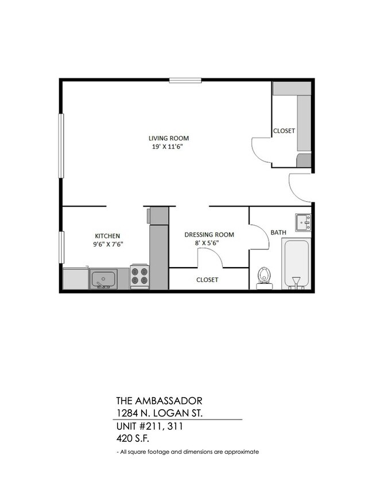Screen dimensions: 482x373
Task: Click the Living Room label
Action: click(168, 138)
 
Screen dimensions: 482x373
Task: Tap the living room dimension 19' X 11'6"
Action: click(168, 147)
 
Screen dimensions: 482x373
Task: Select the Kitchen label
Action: click(107, 236)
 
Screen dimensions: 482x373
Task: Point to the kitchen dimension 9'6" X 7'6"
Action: click(107, 244)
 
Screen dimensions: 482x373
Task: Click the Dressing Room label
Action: click(209, 234)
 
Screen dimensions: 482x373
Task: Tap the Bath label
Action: click(278, 232)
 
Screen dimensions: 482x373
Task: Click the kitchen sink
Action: click(103, 279)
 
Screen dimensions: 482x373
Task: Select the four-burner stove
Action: click(139, 276)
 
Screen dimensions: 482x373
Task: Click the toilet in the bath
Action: click(264, 276)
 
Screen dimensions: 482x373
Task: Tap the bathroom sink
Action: click(303, 222)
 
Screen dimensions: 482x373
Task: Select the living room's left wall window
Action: click(60, 146)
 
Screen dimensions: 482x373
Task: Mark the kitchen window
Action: click(60, 247)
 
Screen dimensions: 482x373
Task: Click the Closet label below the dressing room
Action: click(207, 280)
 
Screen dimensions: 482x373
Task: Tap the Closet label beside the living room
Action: click(283, 131)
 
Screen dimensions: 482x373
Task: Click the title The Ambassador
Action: click(159, 400)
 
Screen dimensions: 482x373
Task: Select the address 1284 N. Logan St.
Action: click(162, 413)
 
